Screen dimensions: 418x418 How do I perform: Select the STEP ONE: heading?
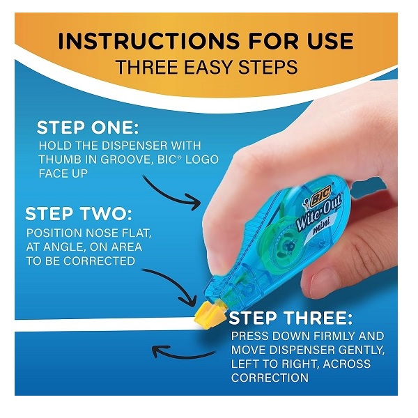tap(88, 127)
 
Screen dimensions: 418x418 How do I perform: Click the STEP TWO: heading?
tap(79, 214)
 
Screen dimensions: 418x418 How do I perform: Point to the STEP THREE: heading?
tap(291, 318)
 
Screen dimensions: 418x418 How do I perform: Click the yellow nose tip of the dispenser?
tap(208, 315)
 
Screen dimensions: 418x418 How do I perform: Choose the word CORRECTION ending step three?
tap(270, 378)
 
